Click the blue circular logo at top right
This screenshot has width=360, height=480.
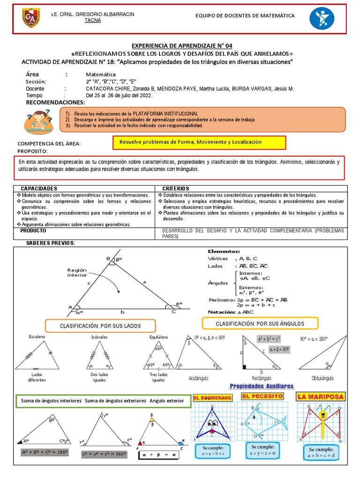322,19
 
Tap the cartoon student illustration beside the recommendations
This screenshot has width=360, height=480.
38,121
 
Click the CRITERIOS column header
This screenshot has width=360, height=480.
175,188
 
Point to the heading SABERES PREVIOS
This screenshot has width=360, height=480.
51,243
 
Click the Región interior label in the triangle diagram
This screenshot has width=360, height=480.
77,272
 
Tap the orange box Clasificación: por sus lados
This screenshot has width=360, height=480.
101,325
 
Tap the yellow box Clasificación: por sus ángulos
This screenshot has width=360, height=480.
260,323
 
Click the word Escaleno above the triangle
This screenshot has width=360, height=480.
37,337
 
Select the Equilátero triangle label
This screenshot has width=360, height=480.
159,337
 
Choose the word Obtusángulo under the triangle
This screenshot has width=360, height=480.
323,378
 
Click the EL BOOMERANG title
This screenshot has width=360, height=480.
212,397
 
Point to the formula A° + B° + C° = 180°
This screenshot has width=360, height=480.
45,452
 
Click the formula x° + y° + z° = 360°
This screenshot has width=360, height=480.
105,454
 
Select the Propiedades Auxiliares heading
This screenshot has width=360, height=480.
261,386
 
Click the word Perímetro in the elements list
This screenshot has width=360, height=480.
220,300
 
